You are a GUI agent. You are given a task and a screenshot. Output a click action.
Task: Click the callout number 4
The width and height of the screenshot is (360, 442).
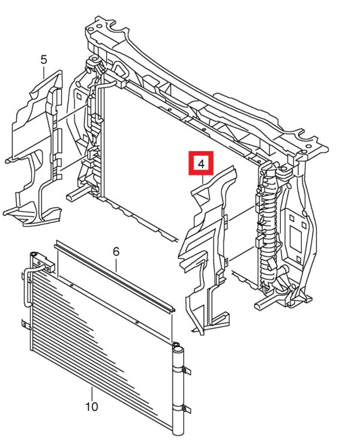click(x=201, y=164)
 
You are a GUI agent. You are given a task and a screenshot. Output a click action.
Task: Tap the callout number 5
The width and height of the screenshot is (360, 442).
click(x=44, y=60)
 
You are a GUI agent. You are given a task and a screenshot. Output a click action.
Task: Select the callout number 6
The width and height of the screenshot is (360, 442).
click(x=116, y=251)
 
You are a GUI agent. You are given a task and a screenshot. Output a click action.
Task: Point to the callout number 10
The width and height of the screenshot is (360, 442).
click(x=92, y=407)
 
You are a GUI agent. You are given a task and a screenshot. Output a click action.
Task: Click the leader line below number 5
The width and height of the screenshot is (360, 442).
click(x=44, y=71)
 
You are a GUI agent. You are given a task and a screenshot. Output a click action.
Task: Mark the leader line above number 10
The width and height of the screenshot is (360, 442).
click(x=92, y=394)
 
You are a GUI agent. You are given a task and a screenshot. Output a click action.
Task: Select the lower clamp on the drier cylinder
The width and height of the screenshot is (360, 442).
click(x=182, y=409)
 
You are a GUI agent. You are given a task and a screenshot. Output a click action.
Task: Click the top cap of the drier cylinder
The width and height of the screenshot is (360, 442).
click(x=178, y=350)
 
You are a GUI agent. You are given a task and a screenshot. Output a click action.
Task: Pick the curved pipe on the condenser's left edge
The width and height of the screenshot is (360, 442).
click(x=28, y=285)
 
